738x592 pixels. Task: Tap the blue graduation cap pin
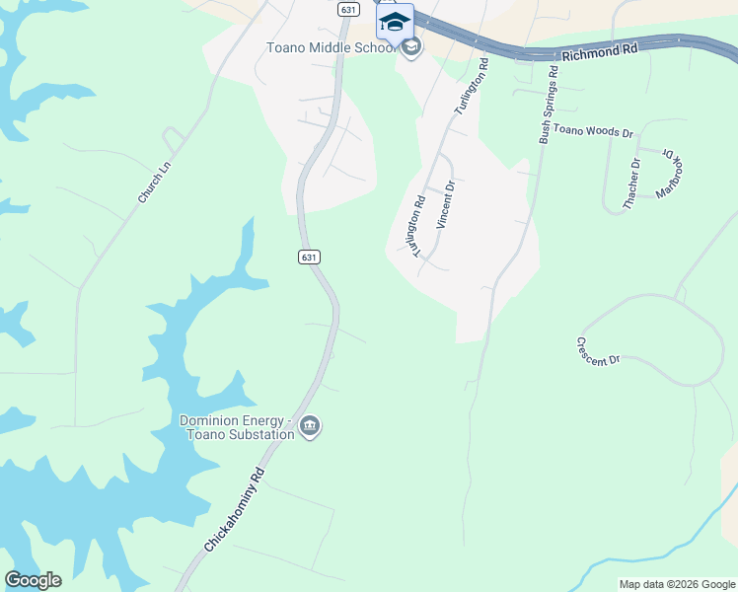(395, 22)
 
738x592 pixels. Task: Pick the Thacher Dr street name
(631, 184)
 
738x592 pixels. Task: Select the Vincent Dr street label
(445, 204)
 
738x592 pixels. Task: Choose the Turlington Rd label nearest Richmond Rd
(470, 88)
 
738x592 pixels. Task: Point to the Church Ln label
(155, 184)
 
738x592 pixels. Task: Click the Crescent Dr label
(598, 350)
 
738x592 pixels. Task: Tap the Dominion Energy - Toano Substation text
(237, 427)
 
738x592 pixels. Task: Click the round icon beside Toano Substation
(310, 426)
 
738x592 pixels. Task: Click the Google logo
(33, 580)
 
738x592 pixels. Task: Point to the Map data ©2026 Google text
(677, 584)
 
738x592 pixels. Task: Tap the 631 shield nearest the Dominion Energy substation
(309, 257)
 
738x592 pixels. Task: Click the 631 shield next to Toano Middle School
(346, 9)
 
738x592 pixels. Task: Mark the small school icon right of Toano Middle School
(411, 46)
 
